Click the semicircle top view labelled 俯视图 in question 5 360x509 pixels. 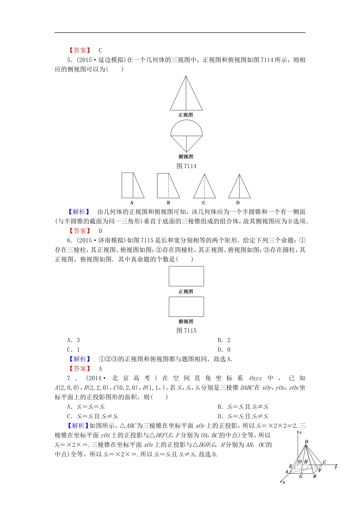[x=186, y=136]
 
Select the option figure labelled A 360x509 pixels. [x=132, y=186]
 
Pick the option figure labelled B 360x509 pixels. [x=168, y=186]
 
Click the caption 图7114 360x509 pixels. [x=186, y=166]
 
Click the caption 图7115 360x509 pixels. [x=186, y=330]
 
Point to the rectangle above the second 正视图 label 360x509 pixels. [x=186, y=276]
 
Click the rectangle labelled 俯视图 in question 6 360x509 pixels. [x=186, y=306]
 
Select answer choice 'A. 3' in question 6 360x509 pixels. [x=74, y=340]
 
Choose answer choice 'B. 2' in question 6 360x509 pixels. [x=224, y=340]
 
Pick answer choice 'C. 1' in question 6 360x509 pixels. [x=74, y=350]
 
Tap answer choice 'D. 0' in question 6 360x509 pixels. [x=224, y=350]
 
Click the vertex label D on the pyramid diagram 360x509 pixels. [x=307, y=442]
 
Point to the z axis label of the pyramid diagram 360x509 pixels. [x=300, y=432]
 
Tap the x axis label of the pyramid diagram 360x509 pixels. [x=283, y=482]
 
